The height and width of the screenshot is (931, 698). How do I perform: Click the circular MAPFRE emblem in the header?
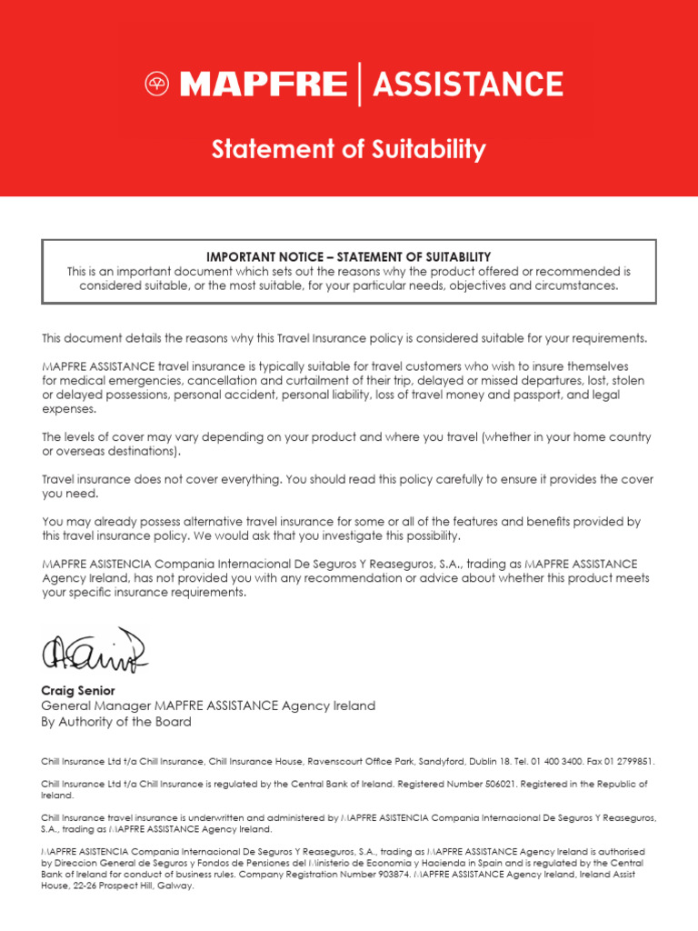(x=157, y=85)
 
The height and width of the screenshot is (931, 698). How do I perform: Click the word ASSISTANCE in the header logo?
(x=468, y=85)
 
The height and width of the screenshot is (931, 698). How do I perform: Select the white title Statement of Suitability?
(x=349, y=149)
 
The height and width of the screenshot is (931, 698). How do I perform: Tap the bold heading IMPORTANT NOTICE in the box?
(x=272, y=257)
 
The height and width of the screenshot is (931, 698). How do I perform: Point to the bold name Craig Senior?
(x=78, y=691)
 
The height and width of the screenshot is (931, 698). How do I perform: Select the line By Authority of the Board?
(x=116, y=722)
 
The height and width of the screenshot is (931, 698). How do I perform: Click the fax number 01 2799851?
(x=626, y=762)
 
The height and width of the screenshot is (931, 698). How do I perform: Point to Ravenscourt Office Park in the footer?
(x=334, y=762)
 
